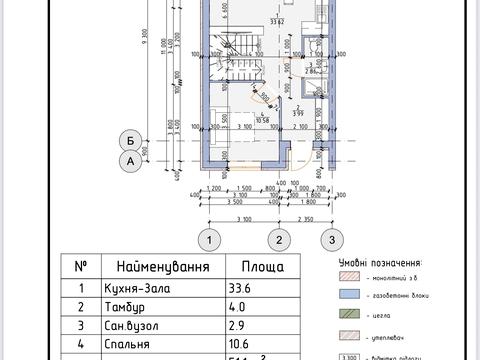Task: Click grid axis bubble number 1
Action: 208,239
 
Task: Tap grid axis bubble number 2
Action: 282,239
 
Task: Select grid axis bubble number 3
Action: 325,239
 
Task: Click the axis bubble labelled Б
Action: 128,140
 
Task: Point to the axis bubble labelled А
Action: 128,161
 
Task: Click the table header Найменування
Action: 163,267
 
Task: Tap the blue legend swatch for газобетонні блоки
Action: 349,295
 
